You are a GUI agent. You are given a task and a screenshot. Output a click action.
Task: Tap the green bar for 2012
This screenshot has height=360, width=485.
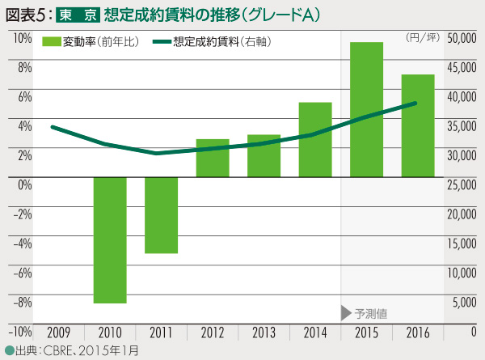click(x=213, y=159)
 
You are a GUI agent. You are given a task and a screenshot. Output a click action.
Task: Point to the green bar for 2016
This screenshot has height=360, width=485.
click(x=418, y=126)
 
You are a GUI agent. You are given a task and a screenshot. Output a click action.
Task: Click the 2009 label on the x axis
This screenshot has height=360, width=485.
click(x=58, y=332)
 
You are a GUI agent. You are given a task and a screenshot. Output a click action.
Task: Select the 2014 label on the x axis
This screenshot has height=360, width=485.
click(x=315, y=332)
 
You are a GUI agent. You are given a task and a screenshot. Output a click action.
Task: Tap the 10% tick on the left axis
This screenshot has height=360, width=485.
click(x=22, y=37)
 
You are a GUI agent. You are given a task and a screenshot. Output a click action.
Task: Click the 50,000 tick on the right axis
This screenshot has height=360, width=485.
click(x=461, y=37)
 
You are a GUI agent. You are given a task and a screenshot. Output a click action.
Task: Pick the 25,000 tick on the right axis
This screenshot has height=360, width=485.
click(x=461, y=185)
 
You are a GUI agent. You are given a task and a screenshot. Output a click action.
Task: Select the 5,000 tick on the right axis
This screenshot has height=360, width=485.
click(x=463, y=303)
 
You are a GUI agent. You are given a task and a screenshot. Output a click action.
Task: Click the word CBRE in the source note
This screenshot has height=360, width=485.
click(x=58, y=350)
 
